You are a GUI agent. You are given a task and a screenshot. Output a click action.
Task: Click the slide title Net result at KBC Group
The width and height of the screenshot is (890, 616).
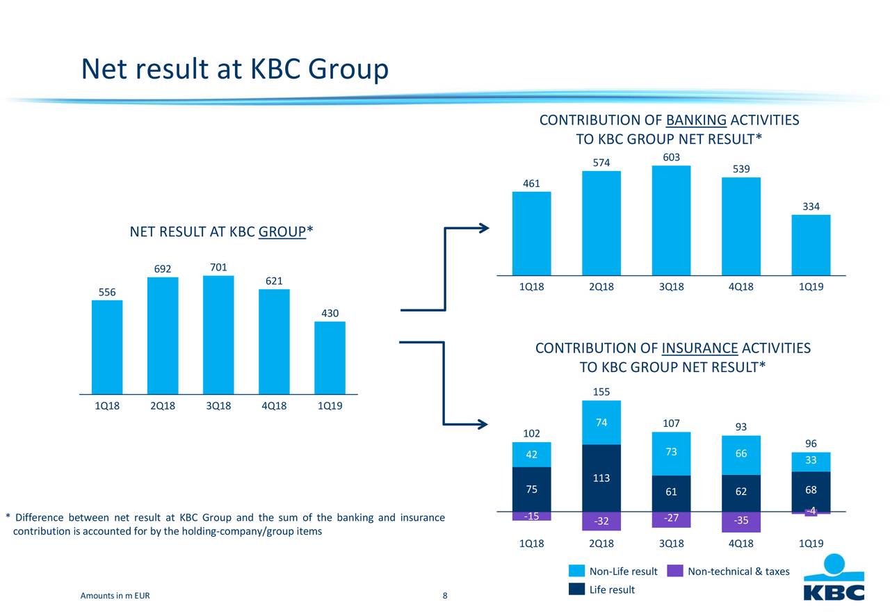(x=234, y=69)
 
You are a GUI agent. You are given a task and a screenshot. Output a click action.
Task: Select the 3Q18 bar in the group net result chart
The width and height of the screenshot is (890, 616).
(x=218, y=334)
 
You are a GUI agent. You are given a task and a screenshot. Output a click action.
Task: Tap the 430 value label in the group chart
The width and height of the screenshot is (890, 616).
(x=330, y=314)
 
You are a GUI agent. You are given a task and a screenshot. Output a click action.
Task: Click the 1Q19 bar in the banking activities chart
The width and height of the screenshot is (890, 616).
(x=811, y=245)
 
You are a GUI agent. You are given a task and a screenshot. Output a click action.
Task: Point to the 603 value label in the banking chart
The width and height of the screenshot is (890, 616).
(x=671, y=158)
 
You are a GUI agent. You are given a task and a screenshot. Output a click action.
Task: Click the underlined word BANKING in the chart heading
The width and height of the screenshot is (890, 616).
(x=696, y=121)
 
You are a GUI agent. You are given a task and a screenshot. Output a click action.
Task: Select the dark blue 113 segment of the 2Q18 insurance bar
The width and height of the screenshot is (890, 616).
(x=601, y=478)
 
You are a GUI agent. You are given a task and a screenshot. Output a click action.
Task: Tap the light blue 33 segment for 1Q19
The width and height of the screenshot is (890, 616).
(x=811, y=462)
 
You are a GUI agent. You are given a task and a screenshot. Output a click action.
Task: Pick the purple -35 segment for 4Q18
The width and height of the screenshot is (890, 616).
(x=741, y=521)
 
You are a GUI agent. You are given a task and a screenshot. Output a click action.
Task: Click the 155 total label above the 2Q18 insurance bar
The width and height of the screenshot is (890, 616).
(x=601, y=393)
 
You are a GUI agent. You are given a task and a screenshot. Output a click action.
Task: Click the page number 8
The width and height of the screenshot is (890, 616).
(x=445, y=596)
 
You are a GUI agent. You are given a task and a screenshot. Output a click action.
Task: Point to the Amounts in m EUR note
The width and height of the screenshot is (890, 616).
(x=115, y=596)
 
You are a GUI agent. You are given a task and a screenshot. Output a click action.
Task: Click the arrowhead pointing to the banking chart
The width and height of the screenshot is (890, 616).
(x=485, y=227)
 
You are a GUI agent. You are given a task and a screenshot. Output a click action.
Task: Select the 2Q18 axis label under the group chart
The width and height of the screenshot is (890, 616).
(x=163, y=407)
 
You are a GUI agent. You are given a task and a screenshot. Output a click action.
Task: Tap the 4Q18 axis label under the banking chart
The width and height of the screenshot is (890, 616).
(x=741, y=288)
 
